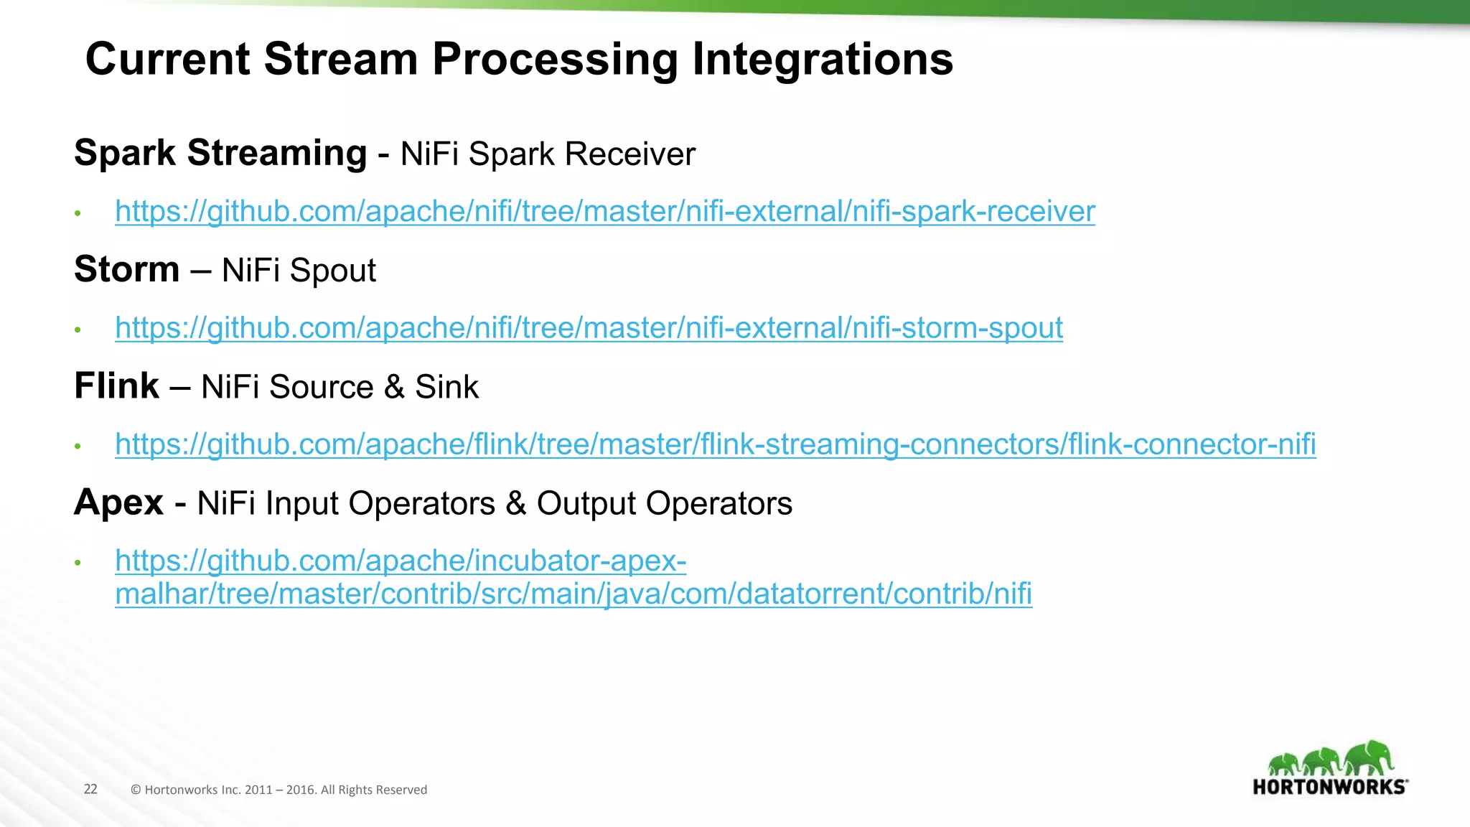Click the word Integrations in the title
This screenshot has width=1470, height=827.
pos(823,59)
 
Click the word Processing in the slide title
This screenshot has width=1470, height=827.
pos(555,59)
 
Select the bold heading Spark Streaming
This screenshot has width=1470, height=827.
pos(220,153)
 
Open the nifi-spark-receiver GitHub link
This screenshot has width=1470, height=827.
pos(605,211)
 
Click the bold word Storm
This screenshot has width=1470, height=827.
pos(127,269)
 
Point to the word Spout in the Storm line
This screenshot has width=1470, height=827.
pos(333,271)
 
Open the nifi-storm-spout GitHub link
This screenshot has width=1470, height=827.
pos(589,327)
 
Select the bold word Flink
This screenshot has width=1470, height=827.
pos(116,386)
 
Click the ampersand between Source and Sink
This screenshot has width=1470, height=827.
pos(394,387)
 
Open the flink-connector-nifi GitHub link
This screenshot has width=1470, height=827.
pos(715,444)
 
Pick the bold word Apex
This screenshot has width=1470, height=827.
pos(119,502)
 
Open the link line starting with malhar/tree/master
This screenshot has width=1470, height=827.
pos(573,594)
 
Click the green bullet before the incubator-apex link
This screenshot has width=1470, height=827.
pos(78,562)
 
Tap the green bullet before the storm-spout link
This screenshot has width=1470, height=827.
pos(78,330)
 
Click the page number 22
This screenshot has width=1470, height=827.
pos(90,789)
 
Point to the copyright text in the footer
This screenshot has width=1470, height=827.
pos(278,790)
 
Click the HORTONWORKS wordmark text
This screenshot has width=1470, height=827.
pos(1329,787)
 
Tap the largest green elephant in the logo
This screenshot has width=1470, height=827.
pos(1369,757)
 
